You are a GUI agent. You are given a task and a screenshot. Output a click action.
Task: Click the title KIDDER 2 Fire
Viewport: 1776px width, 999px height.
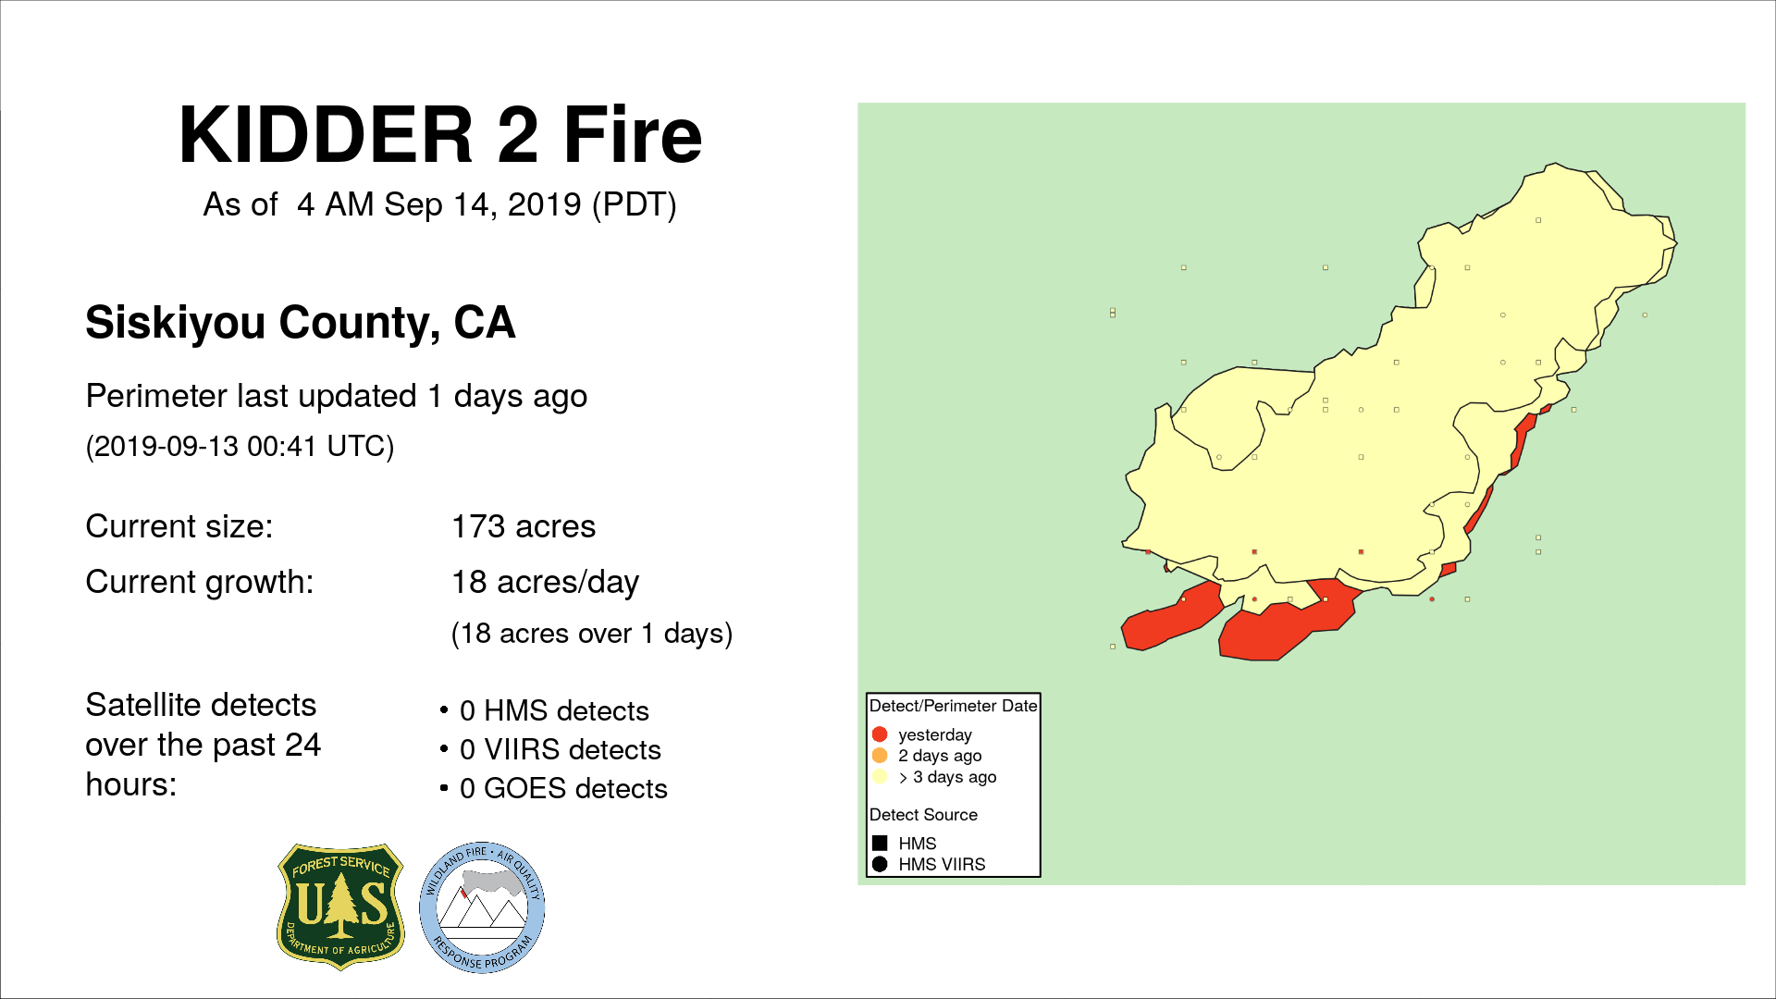tap(440, 135)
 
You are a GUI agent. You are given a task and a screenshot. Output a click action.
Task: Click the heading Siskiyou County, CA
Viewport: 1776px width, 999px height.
tap(301, 323)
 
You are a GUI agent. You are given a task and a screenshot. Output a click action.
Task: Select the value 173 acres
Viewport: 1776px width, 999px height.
tap(524, 526)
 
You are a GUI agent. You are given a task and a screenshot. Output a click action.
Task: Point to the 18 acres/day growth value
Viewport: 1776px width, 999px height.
tap(546, 582)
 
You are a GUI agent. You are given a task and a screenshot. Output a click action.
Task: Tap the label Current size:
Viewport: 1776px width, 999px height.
tap(179, 526)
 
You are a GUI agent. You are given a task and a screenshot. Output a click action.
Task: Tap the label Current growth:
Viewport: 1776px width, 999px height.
tap(200, 582)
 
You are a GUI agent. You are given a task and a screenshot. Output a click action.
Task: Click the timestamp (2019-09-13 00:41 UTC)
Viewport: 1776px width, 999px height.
tap(240, 446)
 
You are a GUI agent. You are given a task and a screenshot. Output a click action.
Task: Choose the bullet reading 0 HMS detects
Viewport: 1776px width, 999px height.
tap(554, 710)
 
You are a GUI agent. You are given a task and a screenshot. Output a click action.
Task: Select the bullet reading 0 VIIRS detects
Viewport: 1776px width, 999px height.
tap(561, 749)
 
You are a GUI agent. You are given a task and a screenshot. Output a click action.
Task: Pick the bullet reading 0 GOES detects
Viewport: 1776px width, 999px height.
tap(563, 788)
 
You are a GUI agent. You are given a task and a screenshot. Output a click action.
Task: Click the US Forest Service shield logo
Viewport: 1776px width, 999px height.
tap(341, 906)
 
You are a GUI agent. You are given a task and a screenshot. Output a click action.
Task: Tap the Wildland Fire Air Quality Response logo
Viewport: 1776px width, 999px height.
tap(482, 907)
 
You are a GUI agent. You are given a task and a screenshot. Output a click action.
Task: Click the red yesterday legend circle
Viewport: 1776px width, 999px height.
tap(880, 734)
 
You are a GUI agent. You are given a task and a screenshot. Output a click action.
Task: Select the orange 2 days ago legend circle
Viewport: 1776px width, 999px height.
tap(880, 756)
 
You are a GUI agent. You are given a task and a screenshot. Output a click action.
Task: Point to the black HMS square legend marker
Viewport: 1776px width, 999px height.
tap(880, 844)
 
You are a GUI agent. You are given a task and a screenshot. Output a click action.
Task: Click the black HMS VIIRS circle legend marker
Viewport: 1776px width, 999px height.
tap(880, 864)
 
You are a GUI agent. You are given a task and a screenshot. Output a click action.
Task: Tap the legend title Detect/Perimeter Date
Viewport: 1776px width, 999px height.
tap(954, 706)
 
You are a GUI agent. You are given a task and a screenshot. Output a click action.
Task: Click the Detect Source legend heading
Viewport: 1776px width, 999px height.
tap(923, 815)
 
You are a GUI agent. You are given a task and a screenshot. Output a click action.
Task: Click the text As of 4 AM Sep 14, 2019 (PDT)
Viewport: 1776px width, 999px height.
tap(440, 204)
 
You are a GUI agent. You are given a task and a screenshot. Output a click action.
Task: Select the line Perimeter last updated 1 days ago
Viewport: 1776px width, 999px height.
tap(337, 397)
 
